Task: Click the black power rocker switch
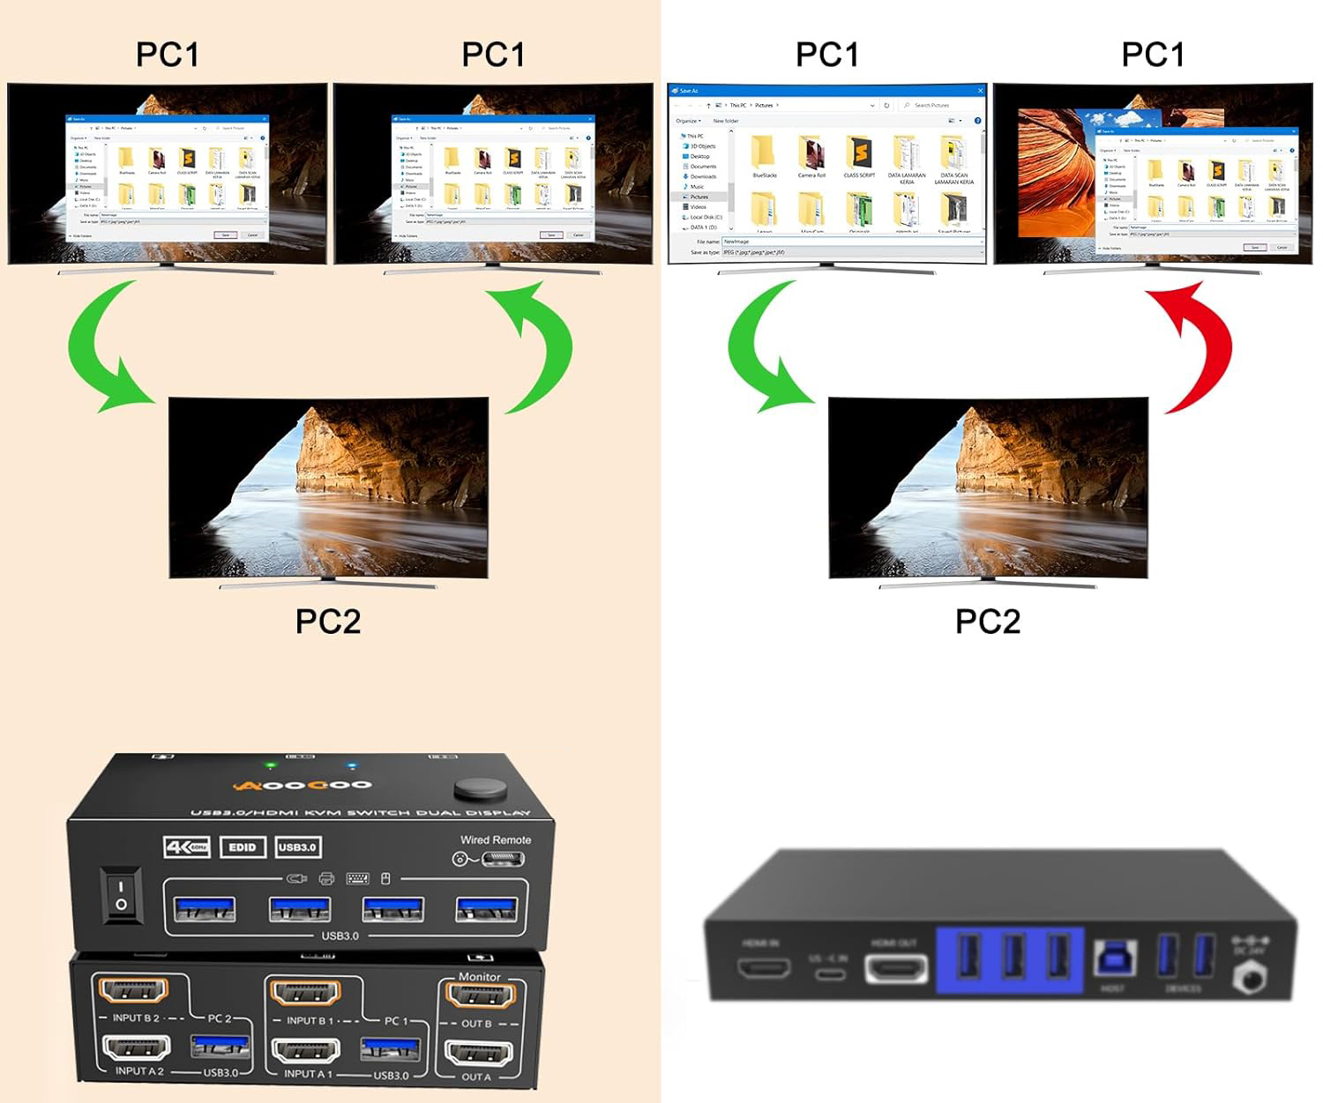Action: pos(122,895)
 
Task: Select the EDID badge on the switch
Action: pos(243,847)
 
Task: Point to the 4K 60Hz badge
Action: pos(187,847)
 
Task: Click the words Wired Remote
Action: pos(496,839)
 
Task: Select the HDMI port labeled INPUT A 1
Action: pos(306,1052)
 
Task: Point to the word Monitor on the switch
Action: pos(479,976)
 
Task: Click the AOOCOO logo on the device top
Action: pos(303,785)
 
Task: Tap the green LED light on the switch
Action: pos(272,765)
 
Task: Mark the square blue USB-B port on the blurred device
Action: pos(1114,959)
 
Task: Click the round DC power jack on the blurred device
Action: pos(1249,977)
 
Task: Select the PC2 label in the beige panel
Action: pos(328,622)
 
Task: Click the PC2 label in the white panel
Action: pos(988,622)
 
